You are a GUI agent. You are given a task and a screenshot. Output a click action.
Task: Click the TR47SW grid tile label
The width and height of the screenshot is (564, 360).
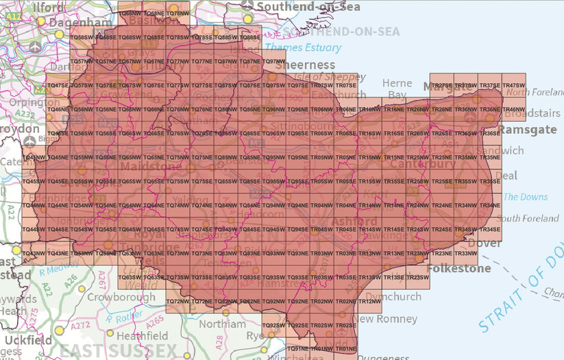tap(514, 85)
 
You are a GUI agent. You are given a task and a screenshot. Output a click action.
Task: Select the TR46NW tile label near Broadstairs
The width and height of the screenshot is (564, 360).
tap(514, 110)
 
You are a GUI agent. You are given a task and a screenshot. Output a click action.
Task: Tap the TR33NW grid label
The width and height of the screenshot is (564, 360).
tap(466, 254)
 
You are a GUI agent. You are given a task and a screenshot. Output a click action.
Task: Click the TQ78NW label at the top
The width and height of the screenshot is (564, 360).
tap(177, 14)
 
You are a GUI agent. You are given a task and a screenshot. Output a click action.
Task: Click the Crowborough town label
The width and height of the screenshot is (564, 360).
tap(121, 298)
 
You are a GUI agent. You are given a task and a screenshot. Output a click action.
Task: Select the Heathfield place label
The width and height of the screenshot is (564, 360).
tap(142, 336)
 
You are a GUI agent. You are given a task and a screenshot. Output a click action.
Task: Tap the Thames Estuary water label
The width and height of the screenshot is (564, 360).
tap(303, 47)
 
